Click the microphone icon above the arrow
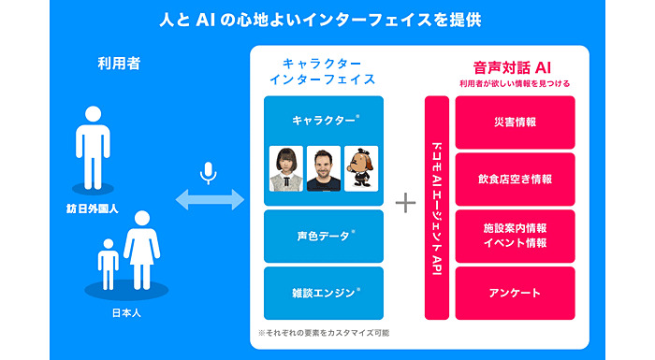209,173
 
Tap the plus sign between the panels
405,202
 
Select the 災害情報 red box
514,122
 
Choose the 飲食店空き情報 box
514,179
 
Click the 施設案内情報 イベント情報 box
514,236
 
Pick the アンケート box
514,293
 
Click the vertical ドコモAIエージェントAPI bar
437,208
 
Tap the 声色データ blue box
324,236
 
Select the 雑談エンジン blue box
324,293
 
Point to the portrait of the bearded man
324,169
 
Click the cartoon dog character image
361,169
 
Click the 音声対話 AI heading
514,66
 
